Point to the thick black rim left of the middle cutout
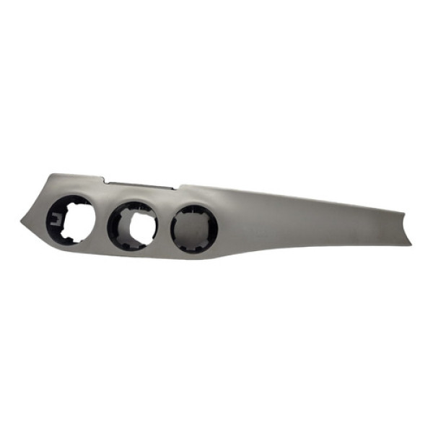coord(116,227)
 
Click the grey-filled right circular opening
coord(194,231)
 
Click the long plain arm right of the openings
coord(303,220)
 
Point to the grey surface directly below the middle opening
coord(137,253)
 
